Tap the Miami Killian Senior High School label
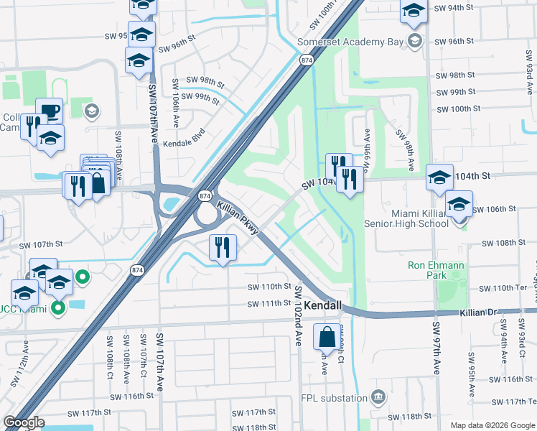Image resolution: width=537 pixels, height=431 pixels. (408, 218)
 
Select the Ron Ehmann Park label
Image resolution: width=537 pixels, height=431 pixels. (436, 270)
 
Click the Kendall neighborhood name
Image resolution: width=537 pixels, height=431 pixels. (322, 306)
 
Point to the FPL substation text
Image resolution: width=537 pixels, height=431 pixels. (338, 397)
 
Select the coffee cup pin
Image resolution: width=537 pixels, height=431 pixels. (49, 111)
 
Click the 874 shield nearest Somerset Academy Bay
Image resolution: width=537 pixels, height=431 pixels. (307, 60)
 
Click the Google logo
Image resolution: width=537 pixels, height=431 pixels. (24, 422)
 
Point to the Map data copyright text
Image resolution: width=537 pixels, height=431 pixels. (492, 425)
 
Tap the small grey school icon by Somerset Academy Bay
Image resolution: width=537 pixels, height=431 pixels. (415, 42)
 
